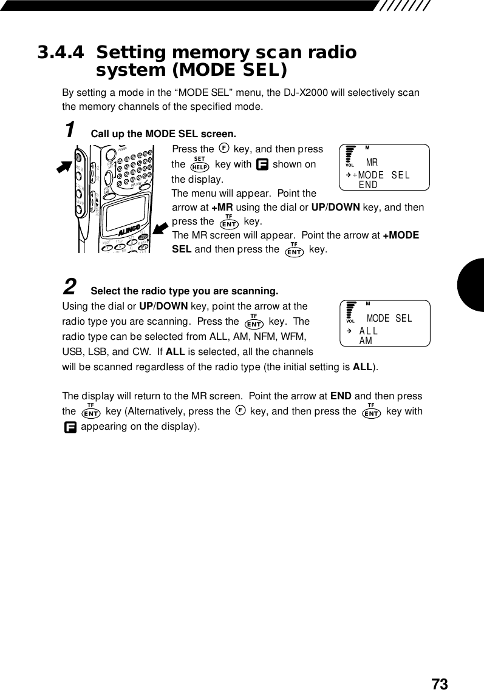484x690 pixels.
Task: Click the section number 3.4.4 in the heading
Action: pos(61,53)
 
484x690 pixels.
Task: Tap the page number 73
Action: pos(440,684)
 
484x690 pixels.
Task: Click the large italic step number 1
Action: pos(70,130)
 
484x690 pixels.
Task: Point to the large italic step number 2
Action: pos(70,285)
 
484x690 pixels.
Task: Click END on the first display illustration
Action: pos(369,184)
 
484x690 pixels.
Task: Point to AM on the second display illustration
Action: pos(366,341)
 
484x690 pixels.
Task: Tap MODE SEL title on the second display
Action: pos(389,319)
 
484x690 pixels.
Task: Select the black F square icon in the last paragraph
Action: pos(70,427)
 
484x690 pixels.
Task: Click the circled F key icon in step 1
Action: pos(223,149)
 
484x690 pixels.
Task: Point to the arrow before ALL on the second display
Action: pos(349,331)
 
